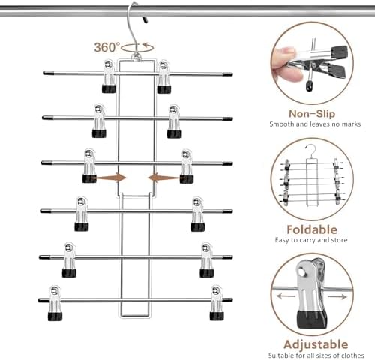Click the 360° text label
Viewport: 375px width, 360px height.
tap(106, 46)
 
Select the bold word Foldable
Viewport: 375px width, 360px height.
tap(310, 229)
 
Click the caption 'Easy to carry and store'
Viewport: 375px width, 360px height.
tap(310, 241)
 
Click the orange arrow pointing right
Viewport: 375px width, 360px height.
tap(112, 178)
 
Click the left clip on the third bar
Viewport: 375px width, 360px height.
tap(90, 166)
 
